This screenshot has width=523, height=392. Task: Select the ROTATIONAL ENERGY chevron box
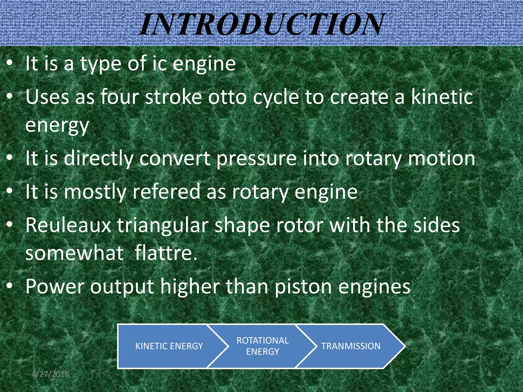coord(263,346)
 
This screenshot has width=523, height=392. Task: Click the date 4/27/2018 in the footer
coord(50,374)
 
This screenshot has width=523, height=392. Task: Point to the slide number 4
coord(489,374)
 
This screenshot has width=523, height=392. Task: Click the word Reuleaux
coord(68,225)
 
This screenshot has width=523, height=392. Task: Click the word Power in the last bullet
coord(55,287)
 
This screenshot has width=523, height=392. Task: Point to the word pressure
coord(256,158)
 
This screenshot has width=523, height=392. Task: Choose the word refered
coord(166,192)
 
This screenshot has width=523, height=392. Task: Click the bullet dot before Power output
coord(9,286)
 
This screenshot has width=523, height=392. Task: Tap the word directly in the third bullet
coord(99,158)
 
